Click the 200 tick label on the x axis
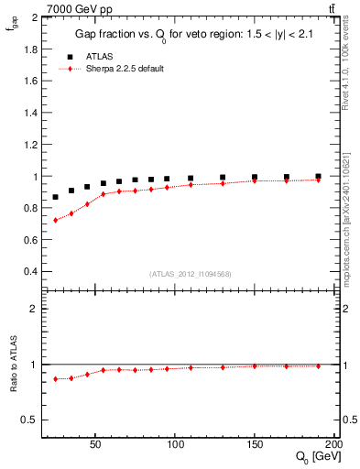pos(334,446)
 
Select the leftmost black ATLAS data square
pos(56,197)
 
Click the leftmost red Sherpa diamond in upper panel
pos(56,220)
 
